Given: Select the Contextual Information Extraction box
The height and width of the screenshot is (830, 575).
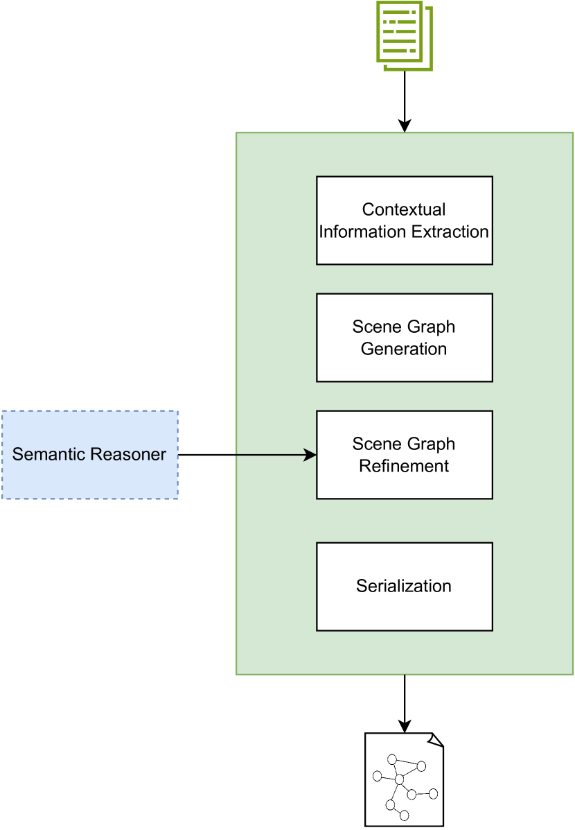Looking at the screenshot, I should click(404, 220).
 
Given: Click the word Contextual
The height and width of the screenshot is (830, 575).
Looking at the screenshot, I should click(404, 209).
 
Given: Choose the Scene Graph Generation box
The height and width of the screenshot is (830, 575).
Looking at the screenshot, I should click(404, 337).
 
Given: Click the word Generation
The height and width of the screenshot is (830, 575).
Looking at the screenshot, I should click(404, 349).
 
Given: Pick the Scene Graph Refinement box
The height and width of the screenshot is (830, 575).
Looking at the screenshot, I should click(404, 454).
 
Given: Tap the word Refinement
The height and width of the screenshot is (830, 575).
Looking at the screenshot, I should click(404, 466).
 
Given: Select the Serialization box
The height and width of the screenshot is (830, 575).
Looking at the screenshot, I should click(404, 586).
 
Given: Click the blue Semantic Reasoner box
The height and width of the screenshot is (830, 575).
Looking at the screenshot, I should click(89, 455).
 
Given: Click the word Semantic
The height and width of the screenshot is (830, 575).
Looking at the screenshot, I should click(47, 455).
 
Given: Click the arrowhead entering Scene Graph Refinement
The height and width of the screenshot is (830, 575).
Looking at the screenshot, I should click(312, 455).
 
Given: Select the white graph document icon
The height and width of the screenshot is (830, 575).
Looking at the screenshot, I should click(404, 779).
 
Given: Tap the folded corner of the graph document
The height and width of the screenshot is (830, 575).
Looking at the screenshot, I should click(435, 740).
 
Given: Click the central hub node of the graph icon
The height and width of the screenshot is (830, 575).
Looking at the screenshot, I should click(399, 780).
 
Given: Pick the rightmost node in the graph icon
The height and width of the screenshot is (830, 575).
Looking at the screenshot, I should click(434, 793).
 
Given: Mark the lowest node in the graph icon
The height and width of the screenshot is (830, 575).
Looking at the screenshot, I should click(405, 815).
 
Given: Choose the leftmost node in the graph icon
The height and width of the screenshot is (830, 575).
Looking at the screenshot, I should click(377, 776).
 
